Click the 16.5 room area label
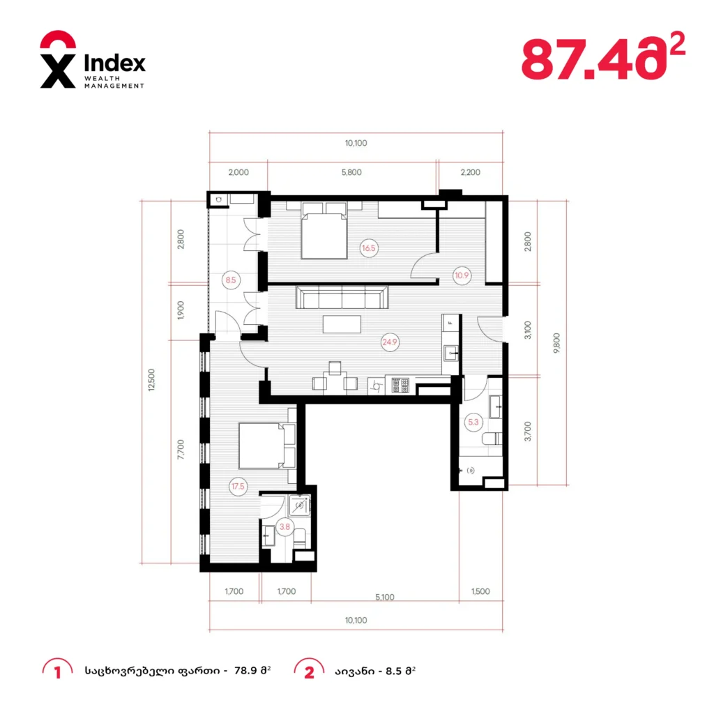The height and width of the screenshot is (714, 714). point(368,248)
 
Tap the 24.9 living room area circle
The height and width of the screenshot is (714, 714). point(390,342)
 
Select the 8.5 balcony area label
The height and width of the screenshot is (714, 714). point(231,280)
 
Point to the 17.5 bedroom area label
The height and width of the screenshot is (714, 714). point(238,486)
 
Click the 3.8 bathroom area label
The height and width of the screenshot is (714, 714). point(284,527)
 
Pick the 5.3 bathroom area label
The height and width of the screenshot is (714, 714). point(473,422)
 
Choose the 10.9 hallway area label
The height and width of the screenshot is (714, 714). point(462,275)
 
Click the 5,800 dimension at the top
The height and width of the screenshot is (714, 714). point(351,172)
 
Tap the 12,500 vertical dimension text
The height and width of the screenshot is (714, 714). point(151,380)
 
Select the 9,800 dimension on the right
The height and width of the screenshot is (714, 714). point(556,343)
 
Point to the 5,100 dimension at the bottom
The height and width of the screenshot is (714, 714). point(385,597)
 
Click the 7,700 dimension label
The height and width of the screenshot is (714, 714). point(181,450)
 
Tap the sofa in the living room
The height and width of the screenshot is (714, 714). point(342,297)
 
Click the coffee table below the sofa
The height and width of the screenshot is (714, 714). point(342,325)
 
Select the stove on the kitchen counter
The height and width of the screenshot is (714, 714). point(400,385)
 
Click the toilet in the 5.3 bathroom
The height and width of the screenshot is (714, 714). point(492,439)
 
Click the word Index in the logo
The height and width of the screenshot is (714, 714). point(115,63)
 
